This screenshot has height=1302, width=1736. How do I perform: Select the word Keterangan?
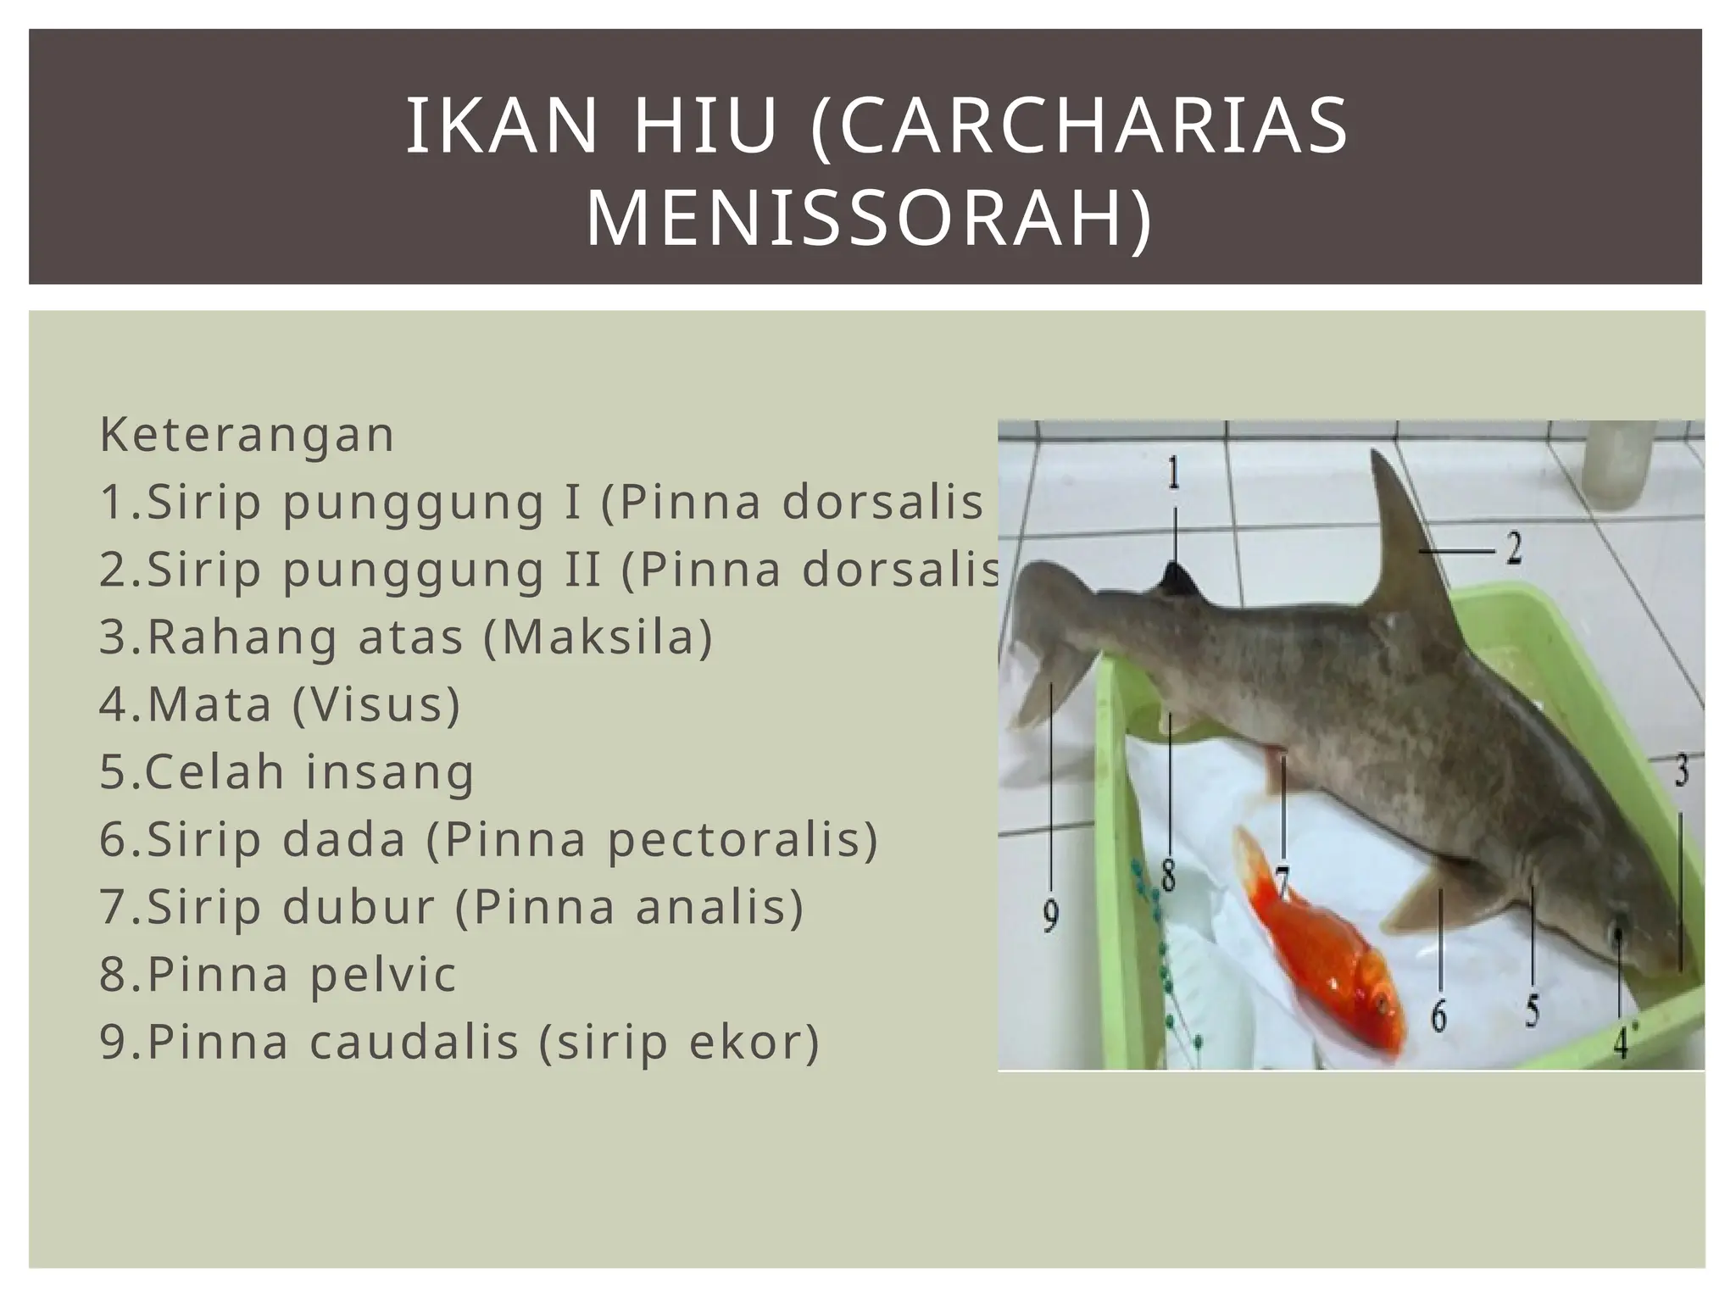247,435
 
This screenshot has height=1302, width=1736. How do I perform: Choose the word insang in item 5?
390,772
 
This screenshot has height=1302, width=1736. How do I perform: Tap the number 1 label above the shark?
1174,474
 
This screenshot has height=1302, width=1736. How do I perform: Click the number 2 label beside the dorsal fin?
1513,549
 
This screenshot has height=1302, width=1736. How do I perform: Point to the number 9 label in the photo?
1050,917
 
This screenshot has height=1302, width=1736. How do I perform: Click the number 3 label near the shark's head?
1681,772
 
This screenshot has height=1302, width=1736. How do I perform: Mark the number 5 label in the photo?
1533,1011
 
